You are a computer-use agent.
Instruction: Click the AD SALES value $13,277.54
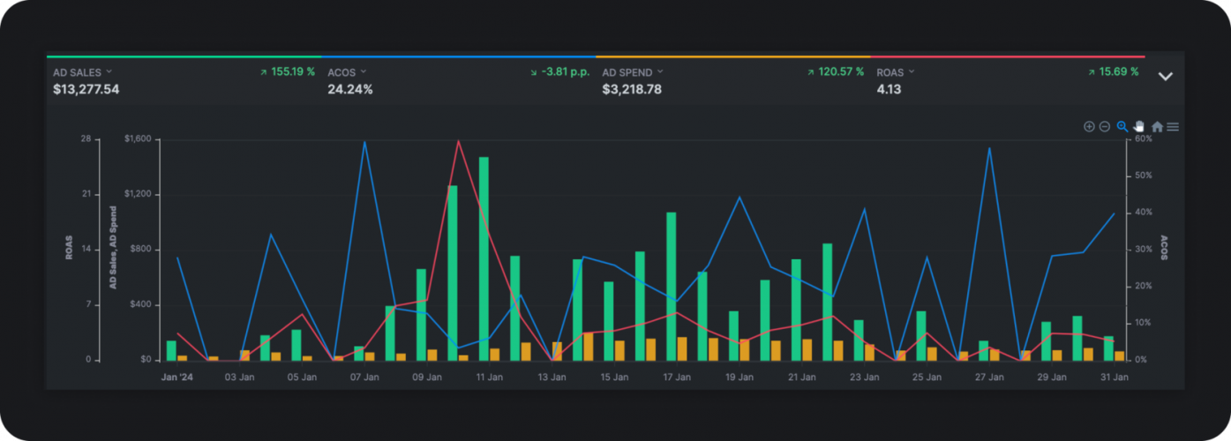point(86,89)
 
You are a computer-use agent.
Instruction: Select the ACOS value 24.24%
point(350,89)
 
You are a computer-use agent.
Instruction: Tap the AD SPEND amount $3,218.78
point(632,89)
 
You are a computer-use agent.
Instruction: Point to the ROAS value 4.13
point(889,89)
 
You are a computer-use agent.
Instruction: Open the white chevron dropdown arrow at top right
point(1165,77)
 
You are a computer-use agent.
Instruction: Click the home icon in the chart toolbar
point(1157,127)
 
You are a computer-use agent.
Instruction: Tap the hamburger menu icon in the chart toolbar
point(1173,127)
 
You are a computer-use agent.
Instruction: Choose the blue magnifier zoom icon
point(1122,126)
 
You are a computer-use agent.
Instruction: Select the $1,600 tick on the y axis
point(138,139)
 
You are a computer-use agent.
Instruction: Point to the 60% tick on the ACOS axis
point(1144,139)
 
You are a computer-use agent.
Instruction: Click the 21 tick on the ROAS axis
point(86,194)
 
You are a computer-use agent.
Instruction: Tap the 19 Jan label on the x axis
point(739,377)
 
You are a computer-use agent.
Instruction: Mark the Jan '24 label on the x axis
point(176,377)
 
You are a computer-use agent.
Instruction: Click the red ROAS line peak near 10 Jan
point(459,141)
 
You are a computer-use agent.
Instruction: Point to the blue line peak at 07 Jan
point(364,142)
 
